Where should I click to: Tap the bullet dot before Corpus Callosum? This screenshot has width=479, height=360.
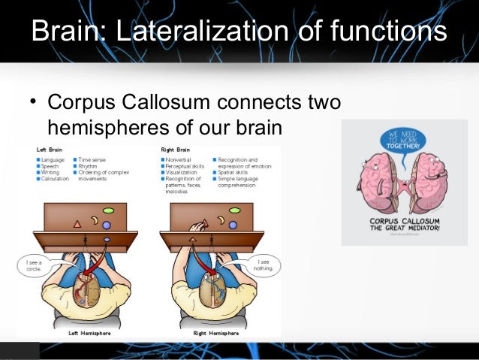(x=33, y=103)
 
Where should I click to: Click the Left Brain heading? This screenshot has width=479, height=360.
(x=50, y=150)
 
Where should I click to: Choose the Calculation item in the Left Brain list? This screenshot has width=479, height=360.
(x=55, y=179)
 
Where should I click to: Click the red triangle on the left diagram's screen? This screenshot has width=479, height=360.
(x=77, y=223)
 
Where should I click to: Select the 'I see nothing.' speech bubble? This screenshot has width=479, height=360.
(x=266, y=265)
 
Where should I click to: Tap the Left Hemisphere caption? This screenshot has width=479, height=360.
(x=84, y=332)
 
